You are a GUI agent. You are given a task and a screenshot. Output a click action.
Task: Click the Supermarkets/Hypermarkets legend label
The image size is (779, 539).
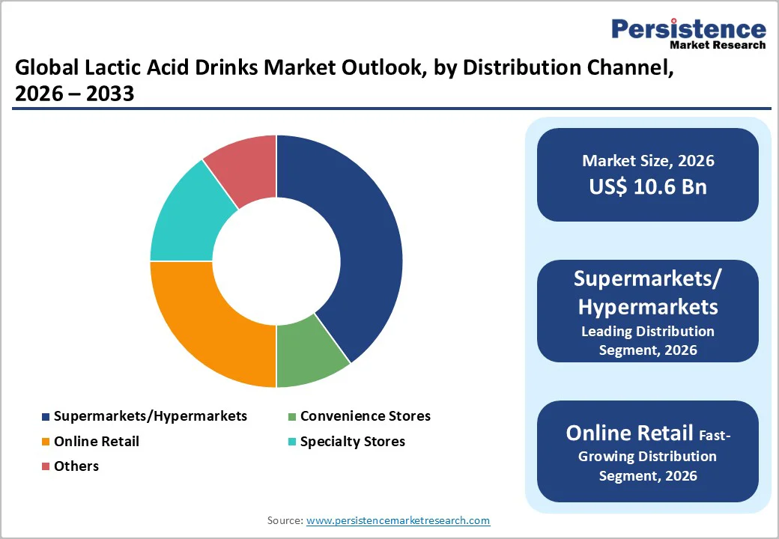151,416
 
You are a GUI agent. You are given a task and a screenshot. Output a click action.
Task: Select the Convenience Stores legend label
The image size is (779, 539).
366,416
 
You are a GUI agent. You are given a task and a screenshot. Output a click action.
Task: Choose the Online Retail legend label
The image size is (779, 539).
97,442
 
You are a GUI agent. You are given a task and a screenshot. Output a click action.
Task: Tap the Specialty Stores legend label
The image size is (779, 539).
353,442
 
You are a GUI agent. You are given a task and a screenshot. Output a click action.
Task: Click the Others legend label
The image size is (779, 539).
76,466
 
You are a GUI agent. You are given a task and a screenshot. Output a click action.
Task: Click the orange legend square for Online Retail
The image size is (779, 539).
46,442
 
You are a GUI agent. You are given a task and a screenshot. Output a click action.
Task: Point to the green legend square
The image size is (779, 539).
293,416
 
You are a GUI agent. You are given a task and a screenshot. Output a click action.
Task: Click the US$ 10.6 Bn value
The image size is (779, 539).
648,186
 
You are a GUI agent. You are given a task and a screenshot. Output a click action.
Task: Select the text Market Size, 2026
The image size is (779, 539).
648,161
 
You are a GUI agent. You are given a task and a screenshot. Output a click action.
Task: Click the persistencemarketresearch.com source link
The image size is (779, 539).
398,520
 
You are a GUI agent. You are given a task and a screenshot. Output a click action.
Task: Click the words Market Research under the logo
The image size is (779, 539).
718,45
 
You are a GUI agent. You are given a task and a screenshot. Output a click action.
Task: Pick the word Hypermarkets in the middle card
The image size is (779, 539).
648,306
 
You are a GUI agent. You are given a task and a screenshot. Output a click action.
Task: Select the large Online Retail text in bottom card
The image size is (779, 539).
629,433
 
